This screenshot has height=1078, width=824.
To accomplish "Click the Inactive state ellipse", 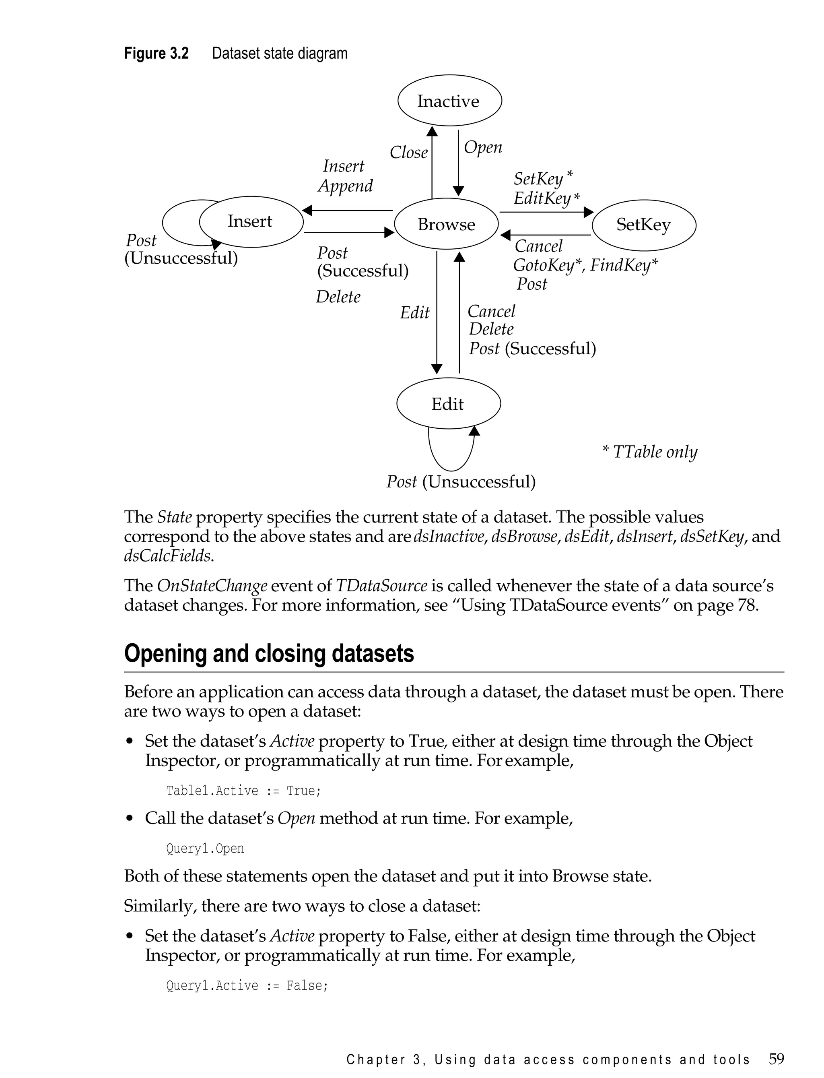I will click(x=449, y=101).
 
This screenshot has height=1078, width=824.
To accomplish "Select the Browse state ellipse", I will click(x=446, y=224).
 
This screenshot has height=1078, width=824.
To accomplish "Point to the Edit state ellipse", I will click(x=448, y=404).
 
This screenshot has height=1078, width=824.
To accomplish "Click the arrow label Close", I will click(x=408, y=153).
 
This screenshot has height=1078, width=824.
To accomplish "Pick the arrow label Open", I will click(x=483, y=147).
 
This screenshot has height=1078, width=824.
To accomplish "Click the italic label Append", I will click(x=345, y=186).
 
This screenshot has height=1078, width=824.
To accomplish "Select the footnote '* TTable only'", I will click(x=649, y=451).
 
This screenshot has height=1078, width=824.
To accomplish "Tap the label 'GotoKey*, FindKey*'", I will click(x=585, y=265).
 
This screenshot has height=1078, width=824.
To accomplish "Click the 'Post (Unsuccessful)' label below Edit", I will click(x=461, y=481).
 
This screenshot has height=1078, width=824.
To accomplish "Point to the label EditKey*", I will click(x=546, y=198).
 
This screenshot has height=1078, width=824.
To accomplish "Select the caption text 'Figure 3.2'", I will click(x=156, y=53).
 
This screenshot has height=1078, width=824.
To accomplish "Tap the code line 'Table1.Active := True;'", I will click(x=243, y=791).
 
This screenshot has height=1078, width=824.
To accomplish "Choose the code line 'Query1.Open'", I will click(x=205, y=849).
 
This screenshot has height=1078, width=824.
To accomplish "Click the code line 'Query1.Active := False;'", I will click(x=247, y=985).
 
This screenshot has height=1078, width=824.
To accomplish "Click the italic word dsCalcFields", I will click(x=168, y=556).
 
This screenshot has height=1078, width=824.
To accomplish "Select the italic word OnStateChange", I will click(x=212, y=586).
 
